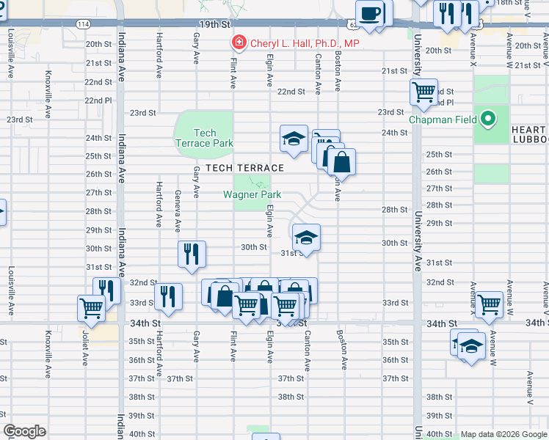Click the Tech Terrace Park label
[x=203, y=138]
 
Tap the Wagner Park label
[x=252, y=194]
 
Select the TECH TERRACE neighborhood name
[x=244, y=168]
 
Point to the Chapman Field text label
[x=437, y=120]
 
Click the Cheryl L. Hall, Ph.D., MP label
[x=305, y=43]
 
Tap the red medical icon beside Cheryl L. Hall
[x=238, y=43]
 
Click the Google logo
[x=25, y=431]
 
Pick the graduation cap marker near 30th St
[x=306, y=238]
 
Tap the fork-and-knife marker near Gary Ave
[x=191, y=254]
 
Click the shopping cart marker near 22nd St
[x=423, y=92]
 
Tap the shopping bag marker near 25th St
[x=340, y=161]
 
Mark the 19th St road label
[x=215, y=25]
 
